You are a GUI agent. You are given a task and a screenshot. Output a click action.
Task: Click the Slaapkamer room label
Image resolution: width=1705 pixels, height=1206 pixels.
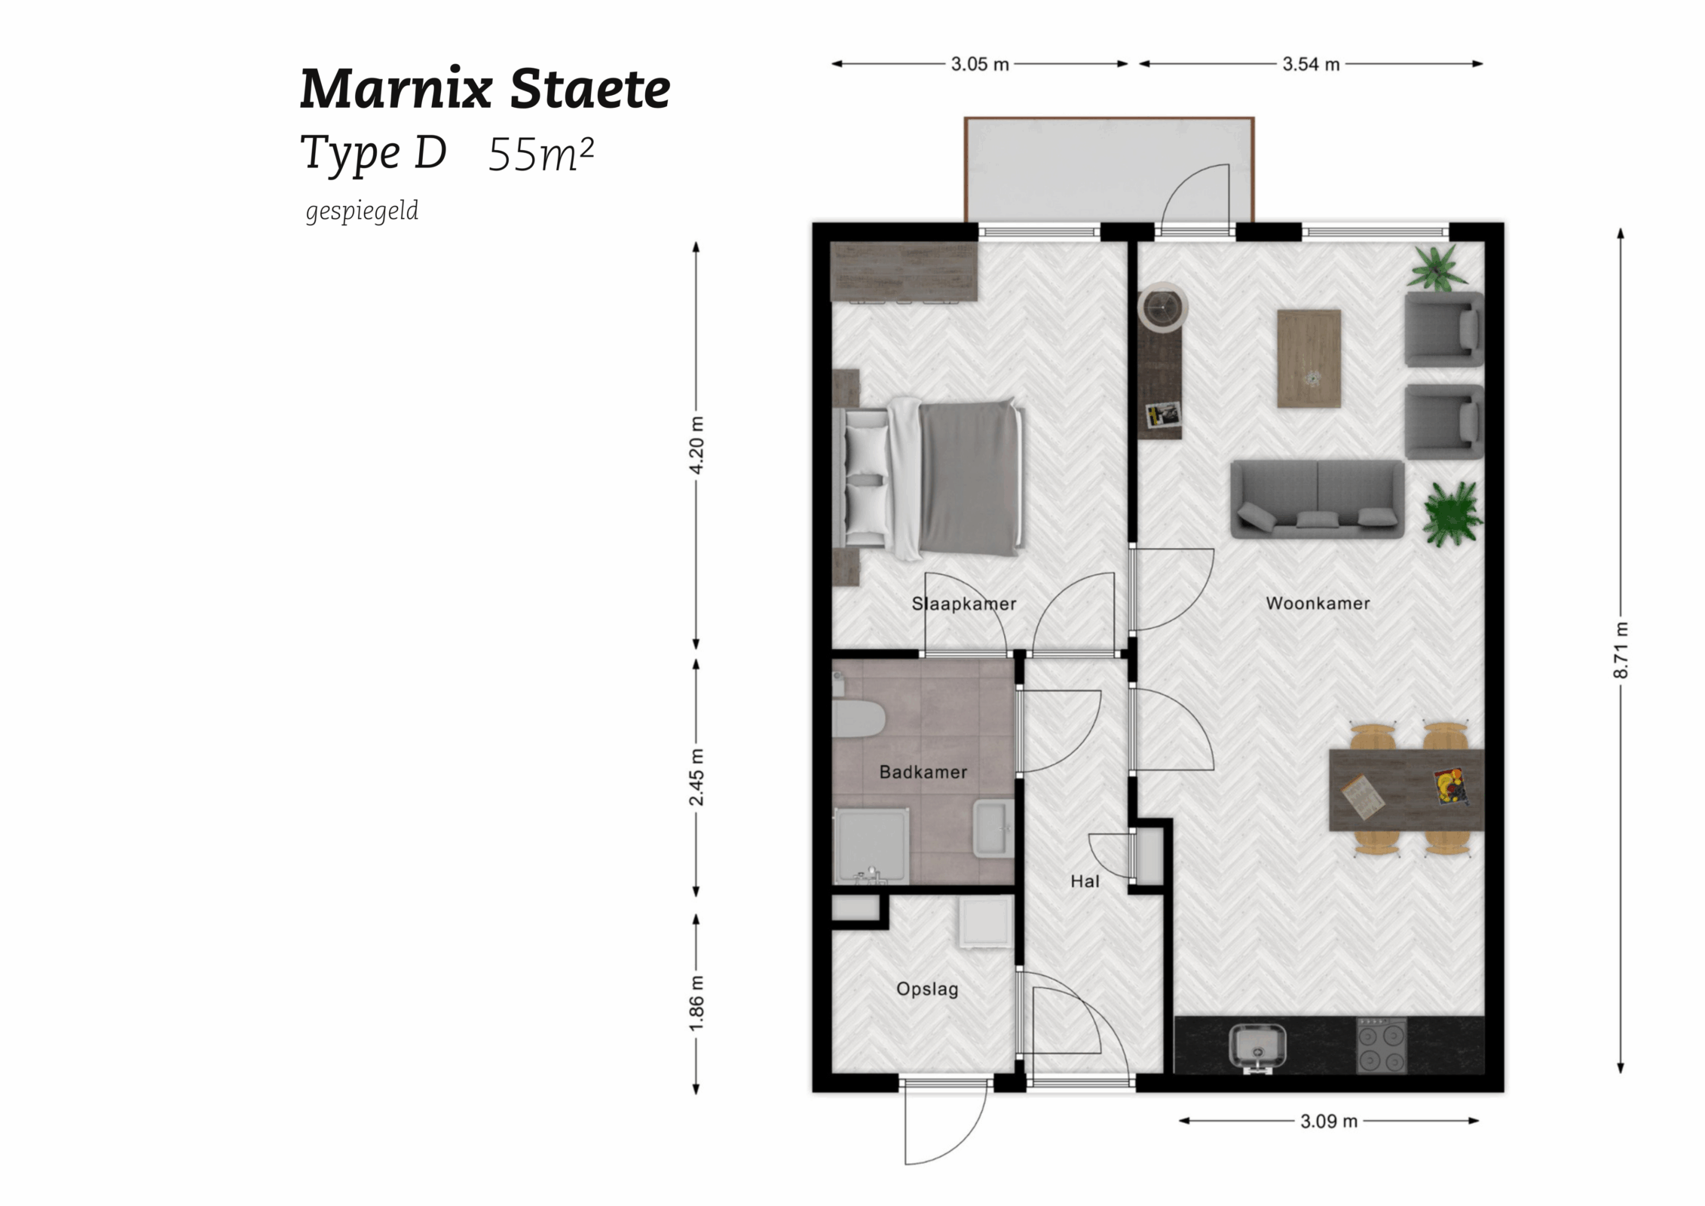[963, 604]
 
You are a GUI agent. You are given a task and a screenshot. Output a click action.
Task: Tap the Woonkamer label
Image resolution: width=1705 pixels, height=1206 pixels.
[1318, 603]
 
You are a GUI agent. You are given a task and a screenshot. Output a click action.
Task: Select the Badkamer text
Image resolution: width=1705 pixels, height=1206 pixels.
[923, 772]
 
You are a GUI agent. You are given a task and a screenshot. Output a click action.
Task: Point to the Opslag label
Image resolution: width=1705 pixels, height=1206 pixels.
[926, 989]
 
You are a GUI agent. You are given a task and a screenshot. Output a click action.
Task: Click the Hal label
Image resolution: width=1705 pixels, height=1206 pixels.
[1084, 881]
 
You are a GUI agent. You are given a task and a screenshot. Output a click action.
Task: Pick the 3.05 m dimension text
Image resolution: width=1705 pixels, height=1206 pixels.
[979, 64]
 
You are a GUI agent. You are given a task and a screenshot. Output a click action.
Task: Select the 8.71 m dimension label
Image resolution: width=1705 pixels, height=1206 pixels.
[1621, 650]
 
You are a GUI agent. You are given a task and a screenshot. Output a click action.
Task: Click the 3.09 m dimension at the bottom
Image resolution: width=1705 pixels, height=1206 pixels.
[1328, 1121]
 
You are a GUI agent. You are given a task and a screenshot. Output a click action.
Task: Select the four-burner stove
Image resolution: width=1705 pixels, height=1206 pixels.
[1381, 1045]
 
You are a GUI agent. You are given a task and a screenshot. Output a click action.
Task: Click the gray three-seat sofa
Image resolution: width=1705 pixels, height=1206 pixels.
[1317, 499]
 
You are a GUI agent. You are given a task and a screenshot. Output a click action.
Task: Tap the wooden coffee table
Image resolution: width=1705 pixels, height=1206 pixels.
[1309, 358]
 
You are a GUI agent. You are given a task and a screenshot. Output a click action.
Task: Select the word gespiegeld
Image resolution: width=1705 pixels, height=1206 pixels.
[362, 211]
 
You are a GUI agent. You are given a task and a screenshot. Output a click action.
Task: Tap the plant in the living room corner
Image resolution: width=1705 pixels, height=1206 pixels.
[1438, 267]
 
